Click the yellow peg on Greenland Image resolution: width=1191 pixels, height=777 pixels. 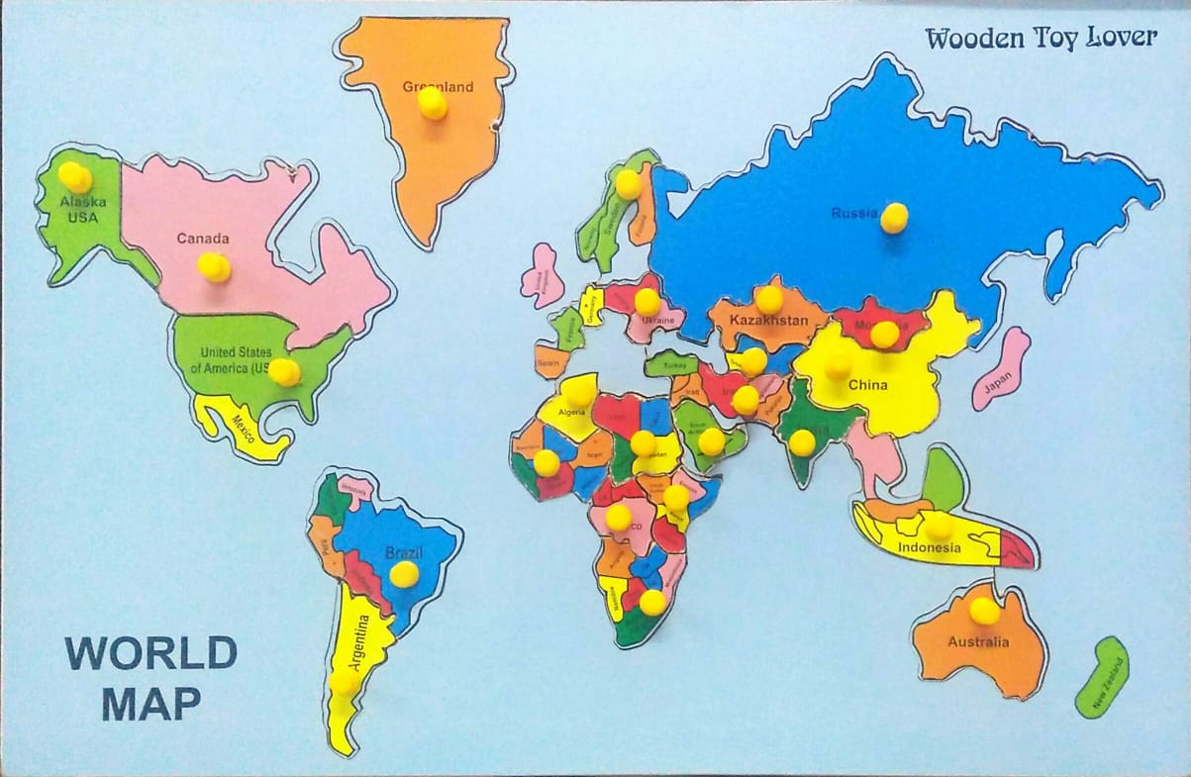[432, 103]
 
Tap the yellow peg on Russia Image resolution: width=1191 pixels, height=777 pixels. [894, 217]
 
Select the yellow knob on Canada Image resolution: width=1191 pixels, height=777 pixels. [214, 267]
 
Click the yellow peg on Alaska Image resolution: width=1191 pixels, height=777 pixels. [75, 177]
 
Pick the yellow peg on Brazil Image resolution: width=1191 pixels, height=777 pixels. [404, 574]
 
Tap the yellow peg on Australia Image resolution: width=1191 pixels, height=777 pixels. [984, 611]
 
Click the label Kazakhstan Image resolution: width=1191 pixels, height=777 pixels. [767, 321]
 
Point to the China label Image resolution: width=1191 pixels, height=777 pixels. [867, 385]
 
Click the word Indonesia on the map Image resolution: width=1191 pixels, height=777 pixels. [929, 547]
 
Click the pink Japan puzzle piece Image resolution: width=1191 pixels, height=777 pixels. [1002, 371]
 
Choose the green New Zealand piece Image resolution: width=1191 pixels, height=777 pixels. [1102, 679]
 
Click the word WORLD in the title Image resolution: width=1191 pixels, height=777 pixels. [151, 654]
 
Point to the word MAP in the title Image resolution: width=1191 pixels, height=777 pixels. [151, 703]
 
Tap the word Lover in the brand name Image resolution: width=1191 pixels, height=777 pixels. [1121, 38]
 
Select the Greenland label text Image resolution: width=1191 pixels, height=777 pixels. [438, 86]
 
